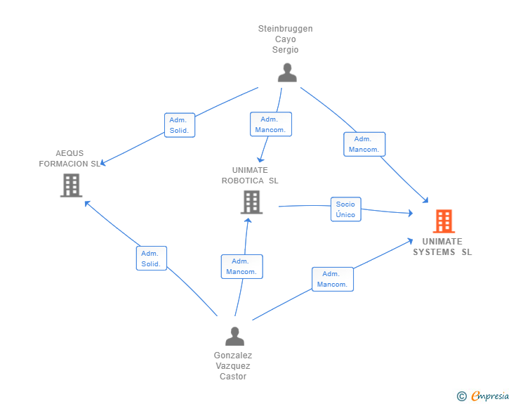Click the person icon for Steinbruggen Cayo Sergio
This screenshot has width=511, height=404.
click(x=286, y=72)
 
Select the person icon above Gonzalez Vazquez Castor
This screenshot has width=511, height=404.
click(x=234, y=336)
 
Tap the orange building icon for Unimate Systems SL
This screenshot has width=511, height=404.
click(x=444, y=221)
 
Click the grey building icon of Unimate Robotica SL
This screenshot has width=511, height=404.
click(x=251, y=202)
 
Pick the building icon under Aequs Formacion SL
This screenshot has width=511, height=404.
click(x=71, y=185)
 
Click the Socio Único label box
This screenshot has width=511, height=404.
click(x=345, y=209)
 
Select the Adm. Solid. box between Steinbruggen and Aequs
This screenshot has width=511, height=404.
click(x=179, y=125)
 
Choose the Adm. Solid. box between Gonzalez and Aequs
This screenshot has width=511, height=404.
click(x=151, y=259)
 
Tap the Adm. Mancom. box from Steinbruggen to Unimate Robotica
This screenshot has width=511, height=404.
click(x=270, y=124)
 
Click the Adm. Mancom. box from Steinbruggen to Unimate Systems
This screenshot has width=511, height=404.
click(x=364, y=144)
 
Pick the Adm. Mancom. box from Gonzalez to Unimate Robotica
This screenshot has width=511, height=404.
click(x=241, y=266)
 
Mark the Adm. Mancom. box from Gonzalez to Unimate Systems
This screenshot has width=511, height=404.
click(x=332, y=279)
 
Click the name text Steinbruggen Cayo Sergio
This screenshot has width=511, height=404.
click(x=286, y=39)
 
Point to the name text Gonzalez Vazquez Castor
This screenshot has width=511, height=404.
click(x=233, y=366)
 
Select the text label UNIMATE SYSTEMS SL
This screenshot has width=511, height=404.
click(x=442, y=247)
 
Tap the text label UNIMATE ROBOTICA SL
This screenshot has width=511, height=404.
click(x=250, y=175)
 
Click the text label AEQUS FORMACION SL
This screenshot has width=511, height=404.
click(x=69, y=158)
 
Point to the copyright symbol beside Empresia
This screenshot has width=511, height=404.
click(x=461, y=396)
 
